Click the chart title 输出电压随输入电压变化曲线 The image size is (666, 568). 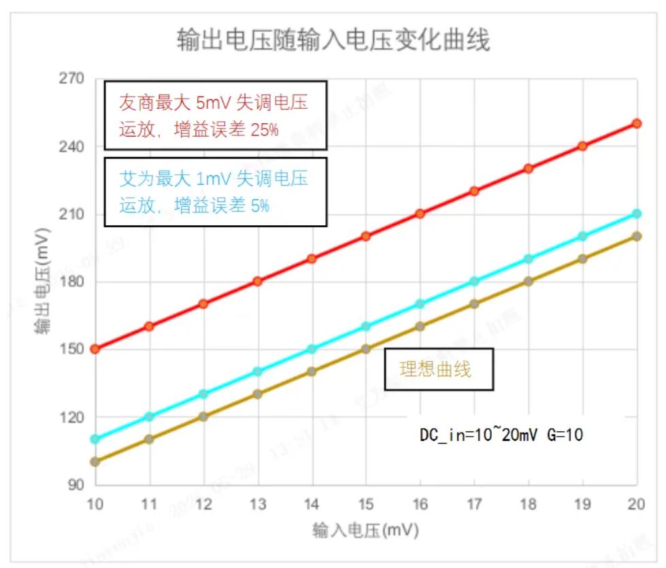[333, 41]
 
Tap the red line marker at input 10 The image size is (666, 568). [95, 349]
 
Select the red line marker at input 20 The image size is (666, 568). [637, 123]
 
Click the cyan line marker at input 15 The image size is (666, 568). [366, 327]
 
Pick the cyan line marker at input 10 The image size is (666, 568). [95, 439]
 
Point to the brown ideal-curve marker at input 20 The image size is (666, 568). [637, 236]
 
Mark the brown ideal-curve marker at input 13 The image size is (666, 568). [258, 394]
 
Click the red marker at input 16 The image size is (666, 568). [420, 214]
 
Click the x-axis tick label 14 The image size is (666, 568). [312, 504]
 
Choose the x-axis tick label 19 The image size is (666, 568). [582, 504]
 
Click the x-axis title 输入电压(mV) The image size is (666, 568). [365, 530]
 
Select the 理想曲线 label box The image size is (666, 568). [439, 370]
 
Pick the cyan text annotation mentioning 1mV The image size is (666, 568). [215, 192]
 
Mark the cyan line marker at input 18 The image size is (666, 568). [529, 258]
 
